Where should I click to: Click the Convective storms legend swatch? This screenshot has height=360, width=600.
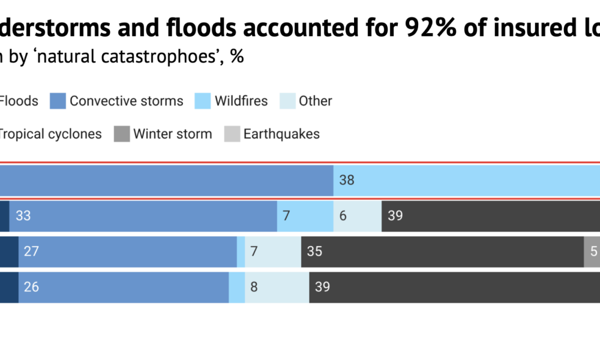coord(58,101)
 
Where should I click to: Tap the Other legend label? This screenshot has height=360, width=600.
coord(315,101)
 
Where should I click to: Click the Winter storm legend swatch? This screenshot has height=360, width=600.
coord(122,134)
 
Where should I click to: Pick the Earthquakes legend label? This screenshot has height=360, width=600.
coord(281,134)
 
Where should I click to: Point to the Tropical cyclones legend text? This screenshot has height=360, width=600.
coord(50,134)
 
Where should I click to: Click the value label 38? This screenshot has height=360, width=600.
coord(347,179)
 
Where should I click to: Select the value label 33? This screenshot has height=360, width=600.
coord(23,215)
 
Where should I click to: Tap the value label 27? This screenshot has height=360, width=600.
coord(31,251)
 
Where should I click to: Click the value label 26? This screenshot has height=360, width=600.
coord(31,287)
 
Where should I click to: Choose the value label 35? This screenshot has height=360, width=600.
coord(314,251)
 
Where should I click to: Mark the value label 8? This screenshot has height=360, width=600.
coord(254,287)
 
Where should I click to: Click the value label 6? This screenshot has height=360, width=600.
coord(343,215)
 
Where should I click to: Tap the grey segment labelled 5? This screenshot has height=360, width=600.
coord(592,251)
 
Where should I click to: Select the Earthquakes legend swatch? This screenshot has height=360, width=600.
coord(232,134)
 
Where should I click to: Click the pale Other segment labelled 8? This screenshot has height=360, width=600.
coord(277,287)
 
